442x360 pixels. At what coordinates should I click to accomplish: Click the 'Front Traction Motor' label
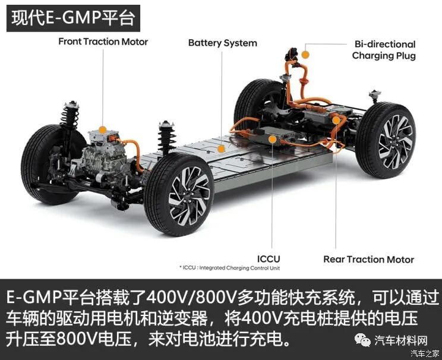(x=103, y=42)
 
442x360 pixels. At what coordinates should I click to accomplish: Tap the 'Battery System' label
(x=223, y=43)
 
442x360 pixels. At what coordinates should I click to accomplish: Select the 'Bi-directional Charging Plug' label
(x=384, y=50)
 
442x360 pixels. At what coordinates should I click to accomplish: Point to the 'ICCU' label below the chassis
(x=269, y=258)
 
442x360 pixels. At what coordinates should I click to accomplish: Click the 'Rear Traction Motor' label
(x=368, y=259)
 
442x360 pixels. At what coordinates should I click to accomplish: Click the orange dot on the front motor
(x=102, y=129)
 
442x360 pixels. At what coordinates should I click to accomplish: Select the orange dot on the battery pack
(x=220, y=149)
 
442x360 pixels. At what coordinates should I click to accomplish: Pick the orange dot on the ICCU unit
(x=272, y=139)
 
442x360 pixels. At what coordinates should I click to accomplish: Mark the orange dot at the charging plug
(x=305, y=54)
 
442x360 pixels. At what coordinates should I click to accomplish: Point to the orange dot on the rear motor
(x=336, y=120)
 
